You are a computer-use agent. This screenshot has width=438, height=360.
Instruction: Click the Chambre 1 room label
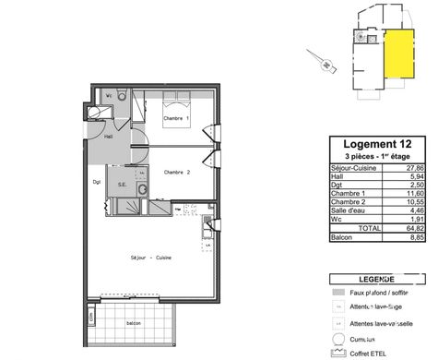(176, 119)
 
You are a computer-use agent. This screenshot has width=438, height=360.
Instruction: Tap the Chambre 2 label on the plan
(176, 173)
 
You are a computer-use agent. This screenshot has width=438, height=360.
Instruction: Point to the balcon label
(134, 323)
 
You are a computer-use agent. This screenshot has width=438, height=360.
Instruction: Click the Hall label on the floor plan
(108, 137)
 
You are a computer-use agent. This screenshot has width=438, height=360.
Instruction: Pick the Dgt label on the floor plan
(96, 182)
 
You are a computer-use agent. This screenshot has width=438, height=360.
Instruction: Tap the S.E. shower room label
(122, 184)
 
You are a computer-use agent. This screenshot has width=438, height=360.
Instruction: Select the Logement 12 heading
(378, 144)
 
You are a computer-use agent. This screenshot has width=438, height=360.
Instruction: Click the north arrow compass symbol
(326, 62)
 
